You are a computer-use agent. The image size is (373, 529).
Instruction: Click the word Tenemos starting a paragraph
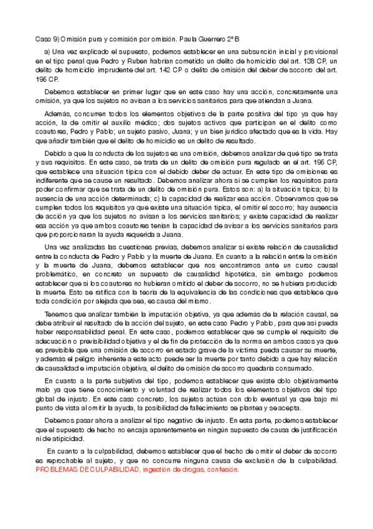(x=61, y=314)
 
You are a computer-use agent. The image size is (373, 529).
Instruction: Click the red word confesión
(x=224, y=470)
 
